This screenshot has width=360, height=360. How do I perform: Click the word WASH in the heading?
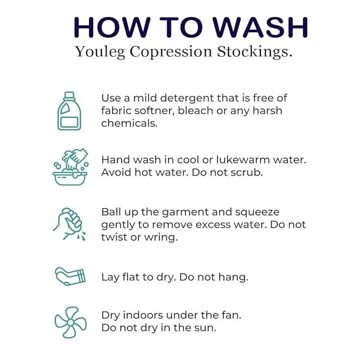click(260, 28)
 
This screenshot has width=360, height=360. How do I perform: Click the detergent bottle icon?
click(69, 111)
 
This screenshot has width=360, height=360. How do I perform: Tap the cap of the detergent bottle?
click(69, 95)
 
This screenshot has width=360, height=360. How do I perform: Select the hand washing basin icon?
click(71, 166)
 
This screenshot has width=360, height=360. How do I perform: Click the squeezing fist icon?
click(69, 224)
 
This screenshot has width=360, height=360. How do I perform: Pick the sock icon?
click(71, 276)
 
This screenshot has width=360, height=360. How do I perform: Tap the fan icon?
click(71, 322)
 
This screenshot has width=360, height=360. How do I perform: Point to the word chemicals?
click(129, 124)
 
